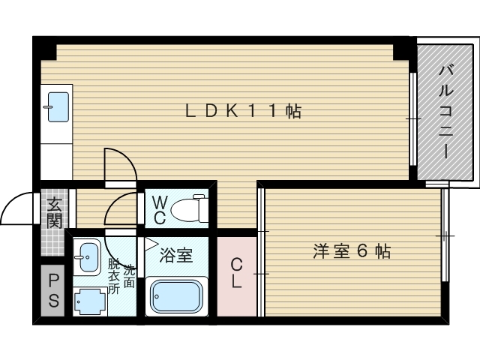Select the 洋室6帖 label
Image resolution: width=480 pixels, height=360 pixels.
tap(352, 252)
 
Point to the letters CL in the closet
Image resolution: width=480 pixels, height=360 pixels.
tap(235, 273)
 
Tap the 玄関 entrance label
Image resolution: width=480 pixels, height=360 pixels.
tap(55, 211)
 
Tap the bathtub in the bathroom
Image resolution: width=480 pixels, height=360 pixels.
tap(177, 296)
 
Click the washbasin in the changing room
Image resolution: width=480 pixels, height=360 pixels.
tap(88, 257)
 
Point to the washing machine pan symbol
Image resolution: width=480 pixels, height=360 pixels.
tap(91, 300)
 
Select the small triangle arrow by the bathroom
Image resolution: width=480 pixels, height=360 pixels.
tap(150, 243)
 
